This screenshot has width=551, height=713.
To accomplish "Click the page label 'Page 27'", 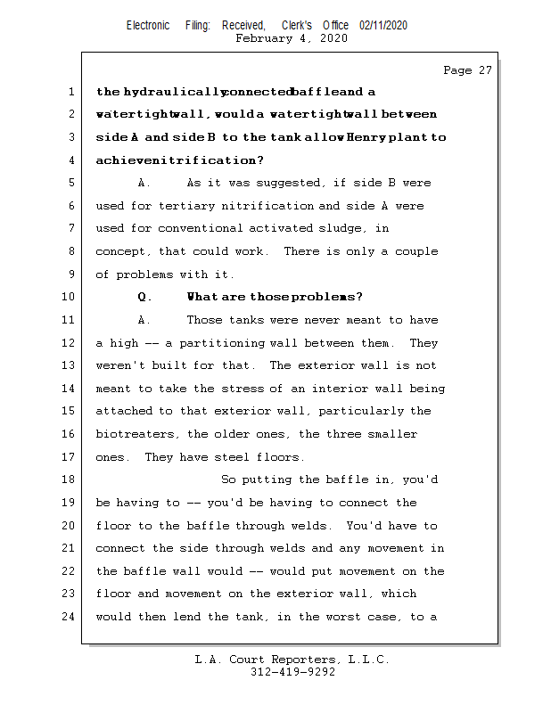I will click(467, 70).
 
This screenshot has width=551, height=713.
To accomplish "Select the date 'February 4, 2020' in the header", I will click(292, 38).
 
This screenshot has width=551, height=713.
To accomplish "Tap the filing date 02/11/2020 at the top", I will click(383, 26).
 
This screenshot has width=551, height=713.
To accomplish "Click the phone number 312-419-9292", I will click(292, 672).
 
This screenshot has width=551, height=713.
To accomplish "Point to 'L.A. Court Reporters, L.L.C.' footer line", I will click(292, 660).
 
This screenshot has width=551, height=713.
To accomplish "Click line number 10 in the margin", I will click(70, 298).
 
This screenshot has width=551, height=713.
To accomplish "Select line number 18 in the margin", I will click(70, 480).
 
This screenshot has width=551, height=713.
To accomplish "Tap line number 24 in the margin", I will click(70, 617).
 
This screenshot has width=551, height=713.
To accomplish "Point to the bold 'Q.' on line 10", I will click(145, 298).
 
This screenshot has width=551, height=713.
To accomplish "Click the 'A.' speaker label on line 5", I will click(145, 183).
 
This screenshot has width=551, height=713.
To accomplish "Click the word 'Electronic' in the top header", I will click(148, 26).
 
